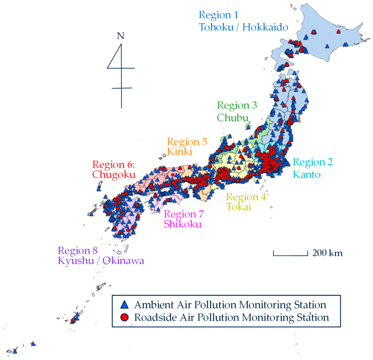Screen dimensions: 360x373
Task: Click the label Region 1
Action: (218, 15)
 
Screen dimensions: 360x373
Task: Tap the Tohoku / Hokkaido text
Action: (243, 27)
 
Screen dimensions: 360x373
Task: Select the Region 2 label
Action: (313, 162)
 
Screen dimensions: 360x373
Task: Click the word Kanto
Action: (307, 174)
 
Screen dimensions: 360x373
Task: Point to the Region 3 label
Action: (237, 106)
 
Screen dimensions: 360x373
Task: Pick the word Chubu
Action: (233, 118)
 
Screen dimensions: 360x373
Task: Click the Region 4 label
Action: (246, 197)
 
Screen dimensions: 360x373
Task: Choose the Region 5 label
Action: (187, 142)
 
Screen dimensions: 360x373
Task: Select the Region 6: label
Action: (114, 165)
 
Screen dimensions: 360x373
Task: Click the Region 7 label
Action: (184, 214)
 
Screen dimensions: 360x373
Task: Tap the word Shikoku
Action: (182, 224)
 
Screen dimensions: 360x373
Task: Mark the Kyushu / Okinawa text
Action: (101, 261)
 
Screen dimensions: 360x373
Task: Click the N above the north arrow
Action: (121, 36)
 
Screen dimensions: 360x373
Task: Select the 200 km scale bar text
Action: (327, 253)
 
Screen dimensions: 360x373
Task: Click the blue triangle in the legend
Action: (125, 304)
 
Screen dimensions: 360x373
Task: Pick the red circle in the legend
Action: (125, 317)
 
